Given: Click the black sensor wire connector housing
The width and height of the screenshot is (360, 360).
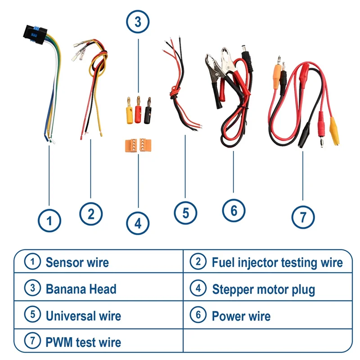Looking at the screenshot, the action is click(35, 35).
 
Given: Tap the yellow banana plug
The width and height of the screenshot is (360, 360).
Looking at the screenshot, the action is click(130, 111).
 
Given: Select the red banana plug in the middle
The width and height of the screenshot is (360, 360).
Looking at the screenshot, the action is click(138, 110).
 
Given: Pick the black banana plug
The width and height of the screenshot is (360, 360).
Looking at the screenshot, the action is click(148, 111).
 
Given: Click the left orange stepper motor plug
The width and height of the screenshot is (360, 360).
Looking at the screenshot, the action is click(131, 145).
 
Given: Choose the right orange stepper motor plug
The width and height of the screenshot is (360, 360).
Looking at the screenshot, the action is click(145, 145).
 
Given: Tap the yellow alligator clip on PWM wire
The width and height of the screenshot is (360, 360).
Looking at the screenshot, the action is click(334, 131).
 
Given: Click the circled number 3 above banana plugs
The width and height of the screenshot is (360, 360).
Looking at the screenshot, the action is click(138, 22).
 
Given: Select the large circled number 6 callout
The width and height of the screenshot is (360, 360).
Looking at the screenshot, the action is click(234, 211).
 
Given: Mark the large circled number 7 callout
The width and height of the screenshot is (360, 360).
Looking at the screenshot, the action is click(303, 217).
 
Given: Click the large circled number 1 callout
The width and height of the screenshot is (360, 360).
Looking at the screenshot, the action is click(49, 220).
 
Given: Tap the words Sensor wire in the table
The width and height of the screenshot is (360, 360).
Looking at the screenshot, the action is click(77, 262).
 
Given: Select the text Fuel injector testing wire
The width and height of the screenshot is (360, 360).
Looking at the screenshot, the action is click(277, 262).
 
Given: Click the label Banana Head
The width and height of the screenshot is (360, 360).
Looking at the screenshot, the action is click(81, 289).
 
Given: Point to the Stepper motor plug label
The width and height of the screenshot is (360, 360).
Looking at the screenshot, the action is click(264, 289).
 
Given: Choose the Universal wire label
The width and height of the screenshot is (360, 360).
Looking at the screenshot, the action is click(83, 316).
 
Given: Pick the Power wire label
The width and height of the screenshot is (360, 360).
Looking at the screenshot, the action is click(241, 316).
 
